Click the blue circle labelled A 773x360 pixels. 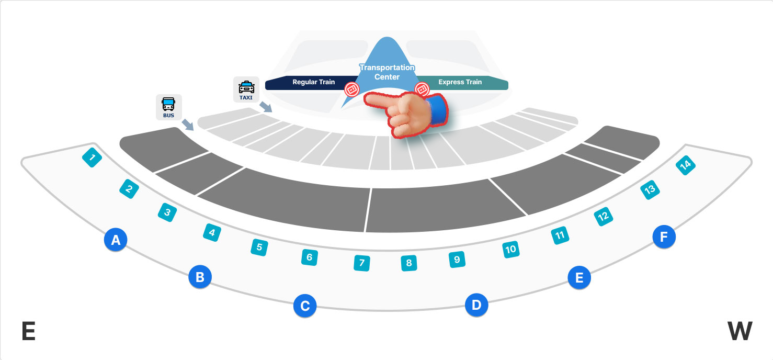(116, 240)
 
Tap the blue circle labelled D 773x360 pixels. (476, 305)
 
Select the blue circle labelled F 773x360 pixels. (664, 237)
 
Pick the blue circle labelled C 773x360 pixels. (305, 305)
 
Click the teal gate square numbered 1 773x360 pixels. (92, 157)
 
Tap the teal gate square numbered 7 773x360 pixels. (361, 262)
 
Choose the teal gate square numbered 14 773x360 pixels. (685, 165)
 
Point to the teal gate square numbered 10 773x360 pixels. (510, 250)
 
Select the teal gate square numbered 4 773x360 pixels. (211, 232)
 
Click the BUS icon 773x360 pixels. (168, 107)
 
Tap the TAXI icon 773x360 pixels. (246, 89)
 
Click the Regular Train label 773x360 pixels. (313, 82)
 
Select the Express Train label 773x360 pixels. (460, 82)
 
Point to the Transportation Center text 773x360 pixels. (387, 72)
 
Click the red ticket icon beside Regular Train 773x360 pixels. (352, 89)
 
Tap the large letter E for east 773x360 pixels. (28, 332)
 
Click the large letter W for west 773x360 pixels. (740, 332)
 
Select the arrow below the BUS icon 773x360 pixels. (187, 125)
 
